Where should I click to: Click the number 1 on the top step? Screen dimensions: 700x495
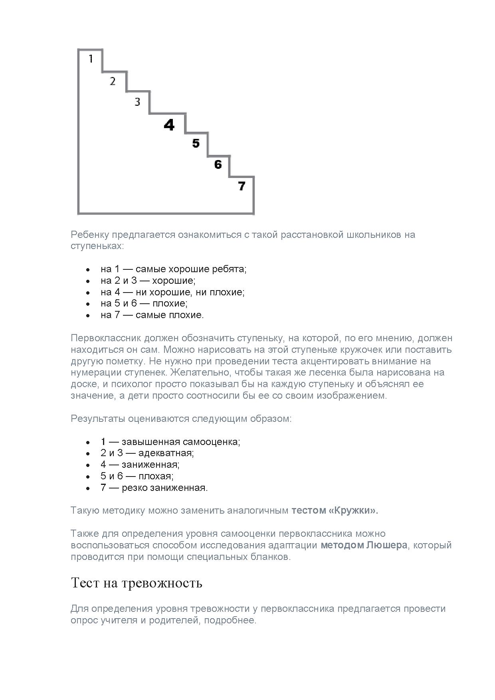coord(91,59)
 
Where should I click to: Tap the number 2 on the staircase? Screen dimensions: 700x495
coord(113,81)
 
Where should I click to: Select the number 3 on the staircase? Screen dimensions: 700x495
coord(137,102)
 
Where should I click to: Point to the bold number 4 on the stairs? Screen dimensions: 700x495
coord(169,125)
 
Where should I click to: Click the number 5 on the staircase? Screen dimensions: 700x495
coord(196,143)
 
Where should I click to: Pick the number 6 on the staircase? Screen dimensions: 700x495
coord(218,164)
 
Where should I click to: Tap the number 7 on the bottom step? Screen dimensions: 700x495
coord(242,186)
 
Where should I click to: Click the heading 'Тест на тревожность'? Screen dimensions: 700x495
coord(137,583)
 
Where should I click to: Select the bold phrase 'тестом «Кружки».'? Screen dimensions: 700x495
coord(335,510)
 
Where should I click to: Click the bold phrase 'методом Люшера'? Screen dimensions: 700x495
coord(364,545)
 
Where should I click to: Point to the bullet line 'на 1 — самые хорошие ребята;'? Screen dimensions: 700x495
coord(174,269)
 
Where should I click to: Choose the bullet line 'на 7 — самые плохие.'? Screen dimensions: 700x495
coord(152,315)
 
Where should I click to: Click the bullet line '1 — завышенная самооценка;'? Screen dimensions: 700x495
coord(170,442)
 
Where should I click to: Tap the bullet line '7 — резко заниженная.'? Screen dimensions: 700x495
coord(154,488)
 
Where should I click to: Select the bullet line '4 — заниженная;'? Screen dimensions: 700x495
coord(140,465)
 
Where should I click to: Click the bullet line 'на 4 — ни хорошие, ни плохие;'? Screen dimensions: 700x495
coord(172,292)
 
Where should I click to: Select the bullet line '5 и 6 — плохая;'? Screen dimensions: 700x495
coord(137,476)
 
